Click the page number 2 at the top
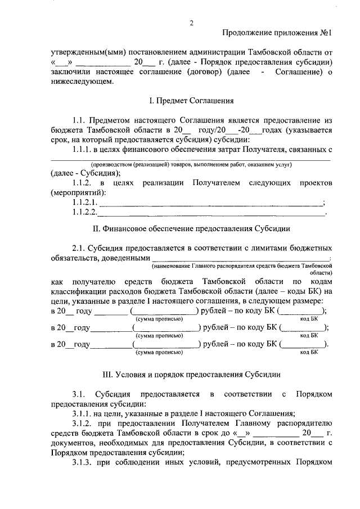[191, 23]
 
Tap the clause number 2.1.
[81, 248]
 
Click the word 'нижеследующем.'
[82, 81]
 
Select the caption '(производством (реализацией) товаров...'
[191, 164]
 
